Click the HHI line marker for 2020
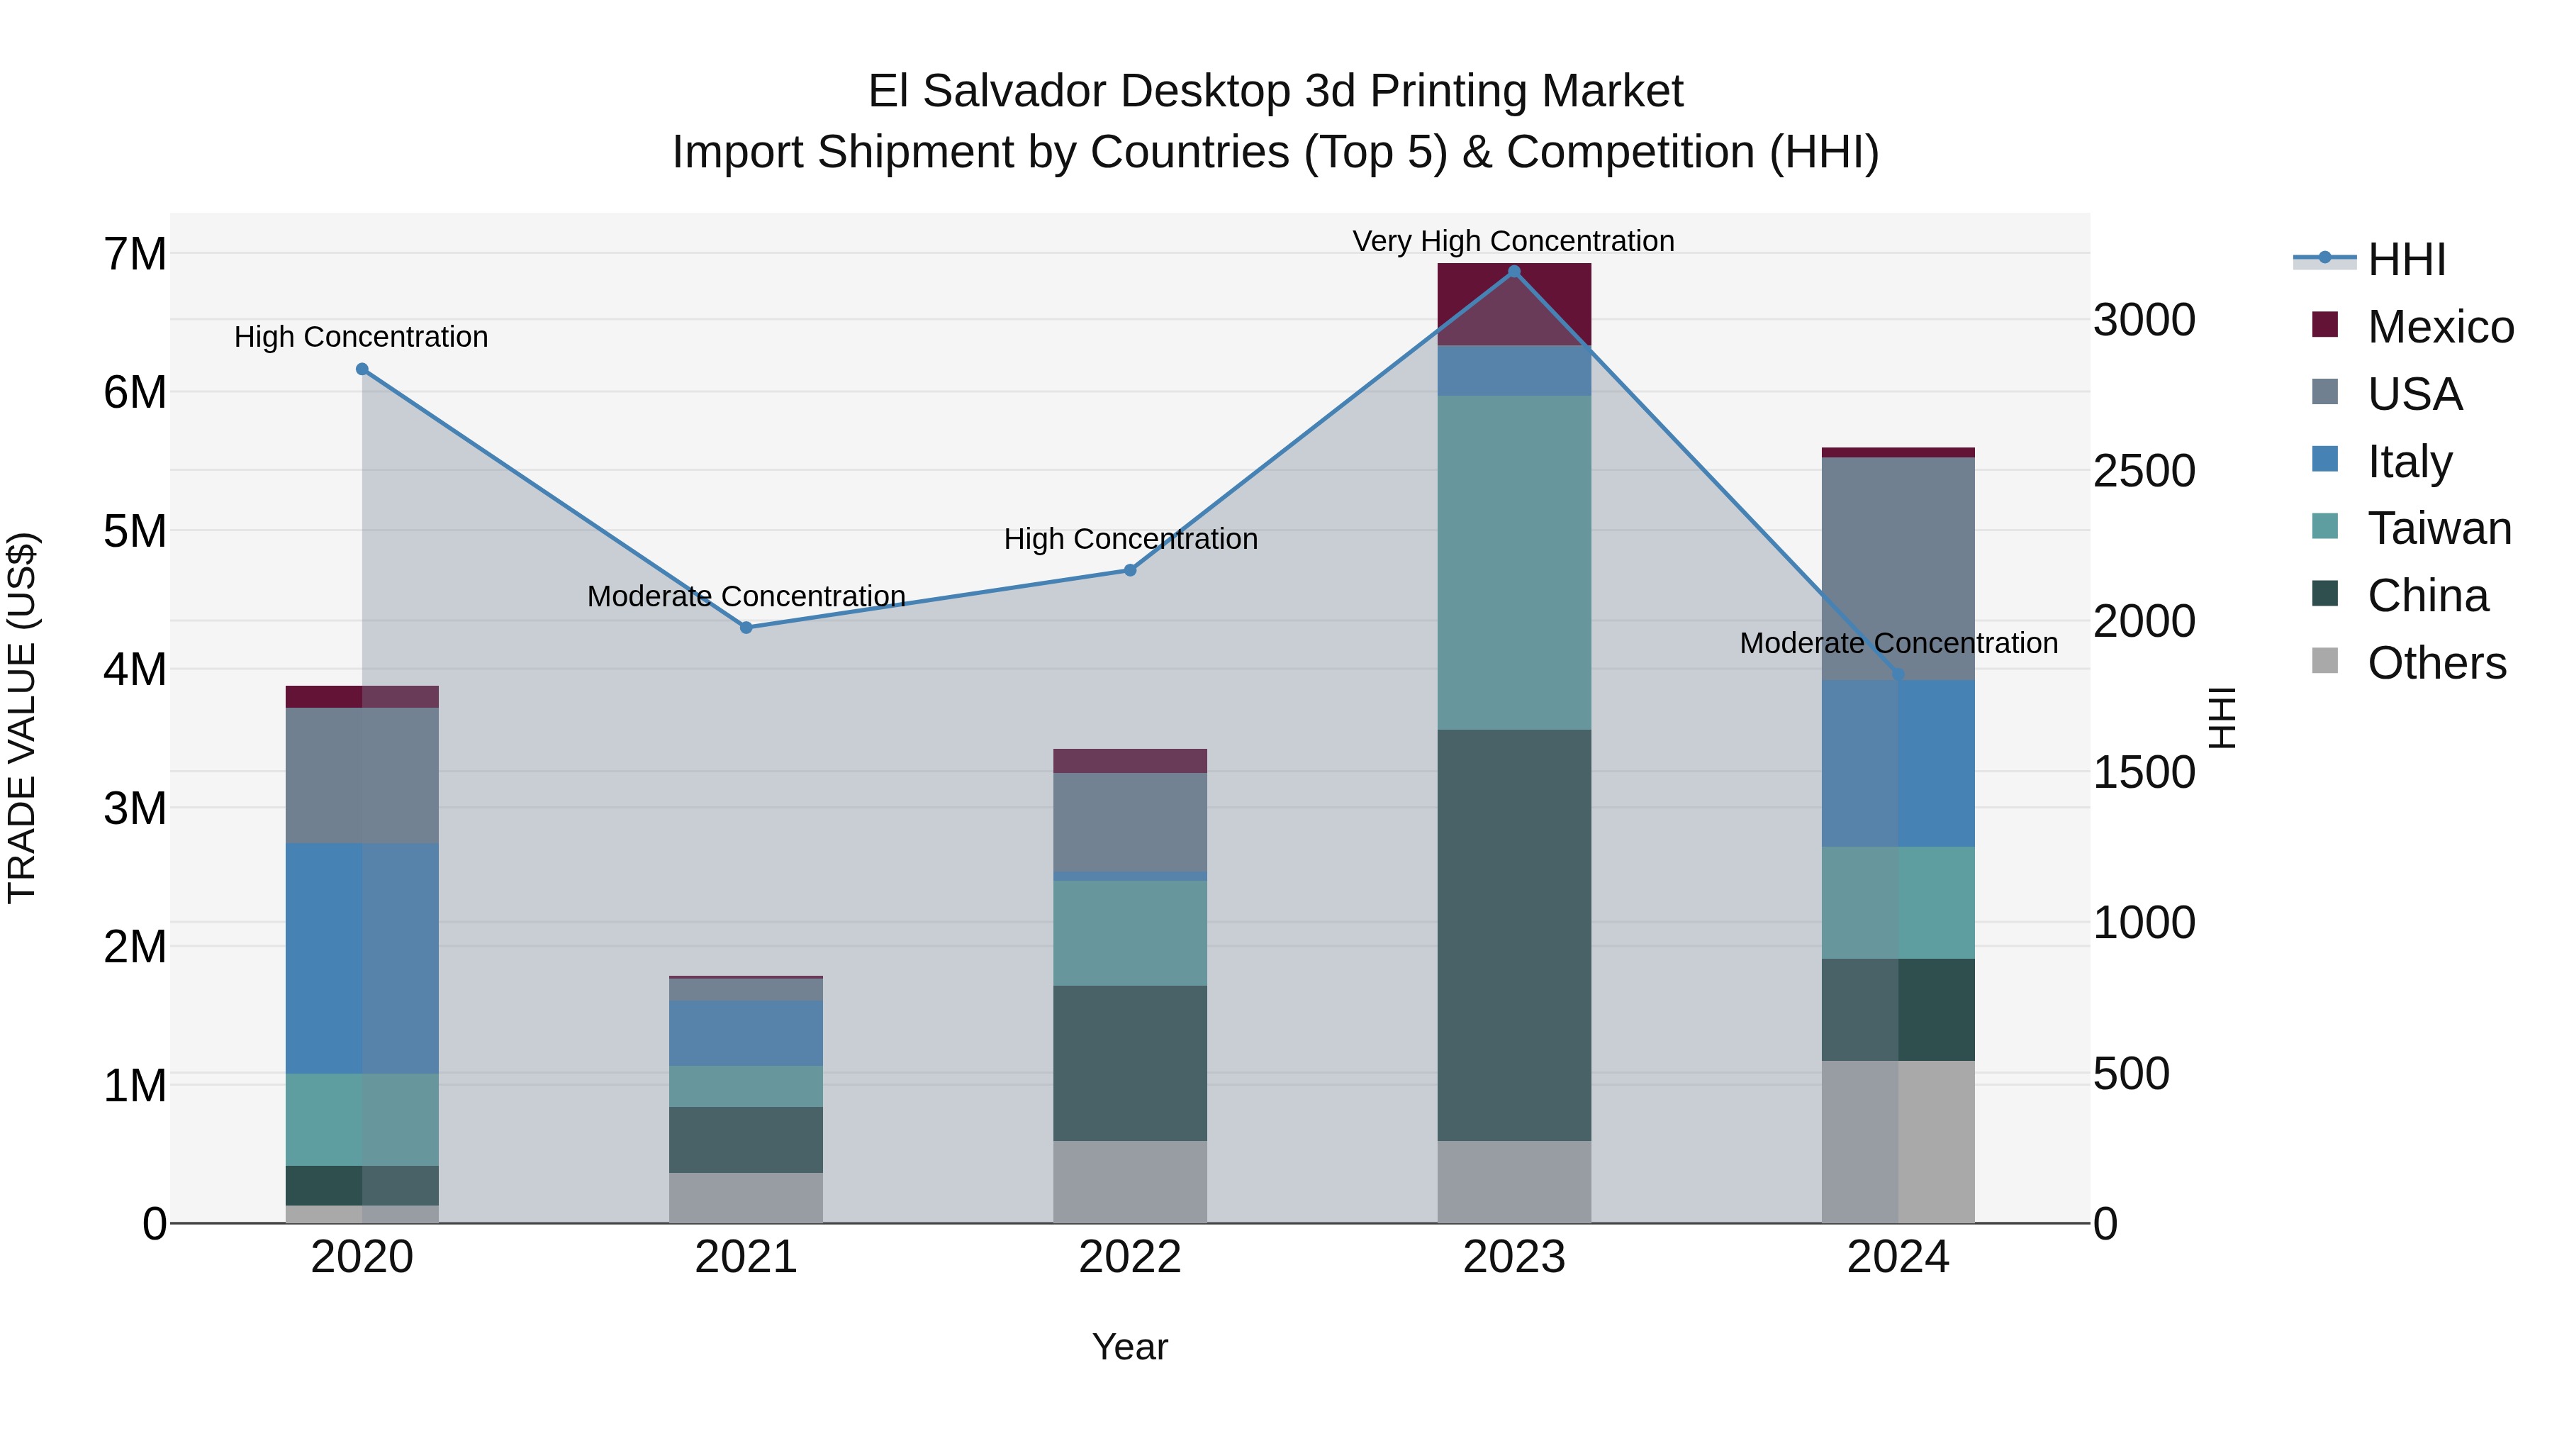[362, 369]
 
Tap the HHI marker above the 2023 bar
[1513, 272]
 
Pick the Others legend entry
[2436, 663]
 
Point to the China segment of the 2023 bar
[1513, 935]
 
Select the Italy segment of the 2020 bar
[362, 957]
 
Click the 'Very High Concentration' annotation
[1513, 241]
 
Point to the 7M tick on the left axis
[135, 255]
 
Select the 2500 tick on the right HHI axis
[2144, 471]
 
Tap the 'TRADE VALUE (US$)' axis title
[22, 718]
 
